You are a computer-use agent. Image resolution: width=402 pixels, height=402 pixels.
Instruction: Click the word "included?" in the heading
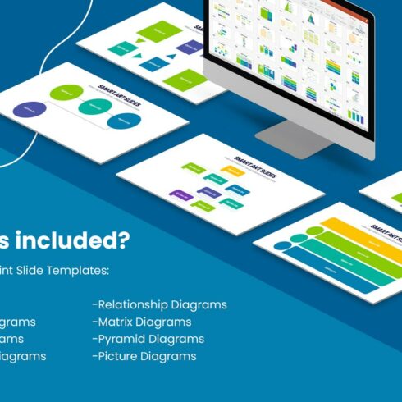click(80, 242)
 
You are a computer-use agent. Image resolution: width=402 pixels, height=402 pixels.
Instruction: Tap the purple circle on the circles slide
click(30, 108)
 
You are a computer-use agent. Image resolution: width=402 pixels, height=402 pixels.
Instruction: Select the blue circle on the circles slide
click(124, 121)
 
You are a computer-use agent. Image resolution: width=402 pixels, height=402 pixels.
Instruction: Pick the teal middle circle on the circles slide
click(94, 107)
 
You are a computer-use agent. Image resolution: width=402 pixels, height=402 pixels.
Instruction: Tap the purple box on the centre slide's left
click(180, 194)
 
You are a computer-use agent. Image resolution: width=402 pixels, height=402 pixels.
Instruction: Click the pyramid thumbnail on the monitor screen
click(313, 19)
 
